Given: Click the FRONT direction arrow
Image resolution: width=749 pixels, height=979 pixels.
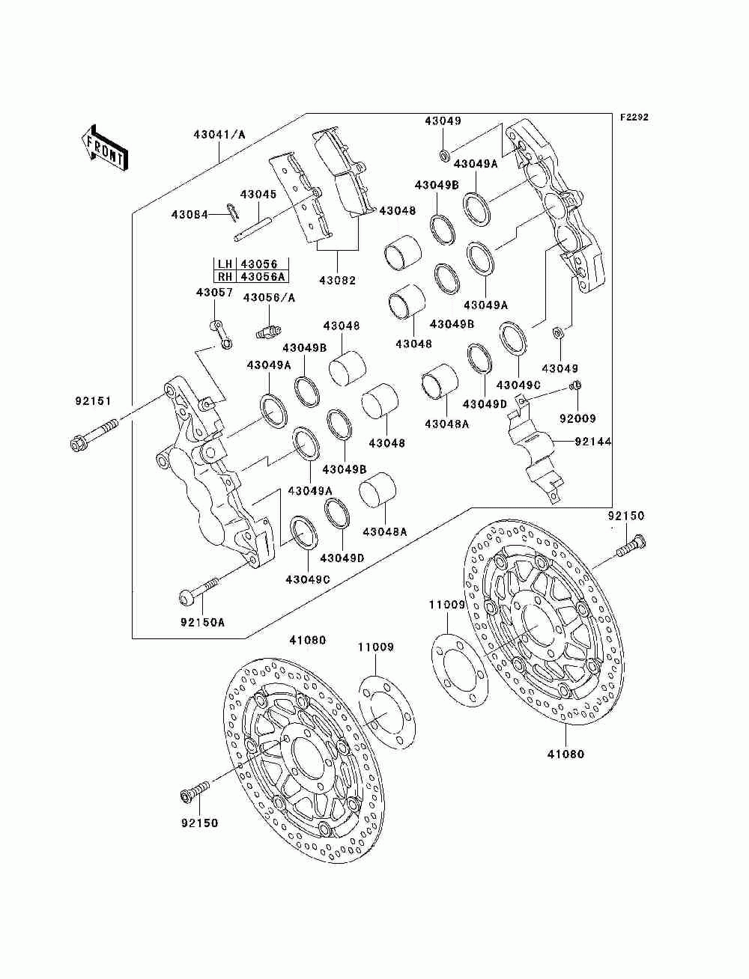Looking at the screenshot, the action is tap(104, 147).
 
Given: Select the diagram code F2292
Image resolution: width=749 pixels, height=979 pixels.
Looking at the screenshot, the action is tap(634, 118).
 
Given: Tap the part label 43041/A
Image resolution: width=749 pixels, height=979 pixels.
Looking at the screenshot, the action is tap(219, 134).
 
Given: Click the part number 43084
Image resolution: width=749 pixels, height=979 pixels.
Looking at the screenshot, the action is tap(189, 215).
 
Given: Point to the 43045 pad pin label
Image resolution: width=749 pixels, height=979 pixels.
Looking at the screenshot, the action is tap(258, 195).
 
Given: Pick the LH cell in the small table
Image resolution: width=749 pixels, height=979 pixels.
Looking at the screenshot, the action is tap(225, 263).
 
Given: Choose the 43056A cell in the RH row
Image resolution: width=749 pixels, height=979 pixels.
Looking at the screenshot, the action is tap(263, 276).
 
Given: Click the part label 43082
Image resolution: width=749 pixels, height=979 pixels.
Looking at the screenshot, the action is tap(338, 281).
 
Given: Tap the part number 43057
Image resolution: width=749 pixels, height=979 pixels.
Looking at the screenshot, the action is tap(214, 293).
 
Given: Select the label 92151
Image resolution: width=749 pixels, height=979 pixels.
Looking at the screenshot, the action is tap(93, 401).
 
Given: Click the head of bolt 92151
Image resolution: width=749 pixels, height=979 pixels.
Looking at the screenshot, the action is tap(78, 443).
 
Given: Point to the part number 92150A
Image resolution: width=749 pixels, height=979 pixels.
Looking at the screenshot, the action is tap(203, 622).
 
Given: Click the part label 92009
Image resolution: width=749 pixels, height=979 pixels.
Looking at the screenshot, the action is tap(578, 418).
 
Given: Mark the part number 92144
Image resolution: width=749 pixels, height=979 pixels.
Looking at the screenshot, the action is tap(592, 442).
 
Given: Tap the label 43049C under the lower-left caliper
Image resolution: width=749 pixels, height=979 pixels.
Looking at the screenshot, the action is tap(308, 579).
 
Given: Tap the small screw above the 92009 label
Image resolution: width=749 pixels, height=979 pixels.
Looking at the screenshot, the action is tap(576, 385).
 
